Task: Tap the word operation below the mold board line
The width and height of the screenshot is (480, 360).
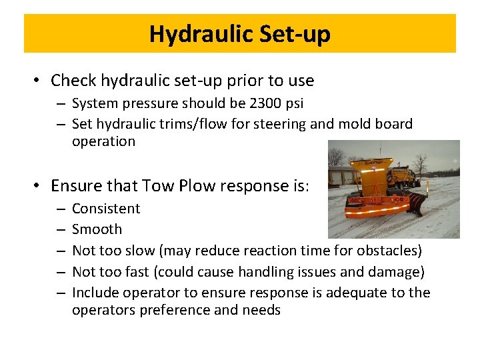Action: tap(103, 141)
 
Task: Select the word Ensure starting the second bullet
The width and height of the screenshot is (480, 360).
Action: tap(74, 185)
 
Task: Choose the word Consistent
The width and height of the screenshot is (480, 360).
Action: tap(106, 209)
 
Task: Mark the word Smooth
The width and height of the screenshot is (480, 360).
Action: tap(97, 229)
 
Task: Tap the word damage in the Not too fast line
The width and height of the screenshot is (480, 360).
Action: tap(397, 272)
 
